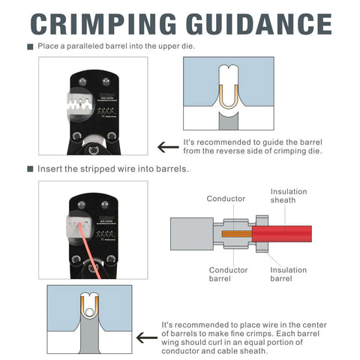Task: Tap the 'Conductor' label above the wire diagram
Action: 226,199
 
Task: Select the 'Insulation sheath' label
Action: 288,196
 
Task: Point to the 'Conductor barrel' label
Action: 227,274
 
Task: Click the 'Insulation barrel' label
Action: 288,274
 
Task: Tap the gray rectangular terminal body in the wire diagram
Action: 193,233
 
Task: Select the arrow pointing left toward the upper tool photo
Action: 167,147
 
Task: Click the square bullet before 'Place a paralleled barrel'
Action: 30,47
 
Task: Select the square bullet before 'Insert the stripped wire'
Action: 30,169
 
